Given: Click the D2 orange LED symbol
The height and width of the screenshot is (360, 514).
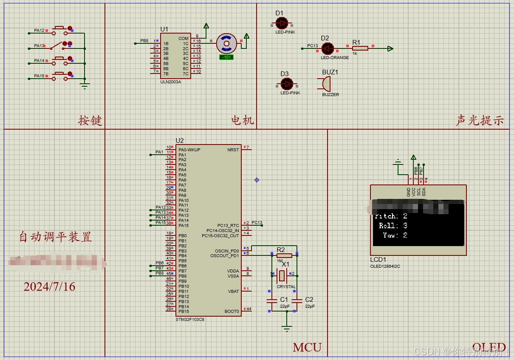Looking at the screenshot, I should click(x=327, y=48).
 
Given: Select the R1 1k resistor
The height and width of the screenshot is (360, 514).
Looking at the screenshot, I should click(x=360, y=48).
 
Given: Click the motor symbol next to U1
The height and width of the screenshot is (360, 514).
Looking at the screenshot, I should click(x=226, y=43).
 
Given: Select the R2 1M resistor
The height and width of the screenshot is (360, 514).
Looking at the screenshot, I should click(x=284, y=255).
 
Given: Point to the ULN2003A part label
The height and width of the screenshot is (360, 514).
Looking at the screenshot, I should click(x=170, y=82).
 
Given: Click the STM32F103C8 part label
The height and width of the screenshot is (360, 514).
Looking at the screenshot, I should click(x=190, y=319).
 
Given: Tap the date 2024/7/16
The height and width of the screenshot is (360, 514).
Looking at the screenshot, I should click(x=49, y=287).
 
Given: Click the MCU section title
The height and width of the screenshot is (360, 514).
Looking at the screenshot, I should click(x=307, y=347).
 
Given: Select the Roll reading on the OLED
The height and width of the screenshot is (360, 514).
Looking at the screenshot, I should click(x=393, y=226).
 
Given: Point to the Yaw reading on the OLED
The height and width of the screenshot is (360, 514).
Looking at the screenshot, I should click(x=395, y=235).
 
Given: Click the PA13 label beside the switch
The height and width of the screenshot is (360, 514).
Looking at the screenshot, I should click(x=39, y=46).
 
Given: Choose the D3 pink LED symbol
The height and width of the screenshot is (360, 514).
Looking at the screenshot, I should click(x=287, y=84).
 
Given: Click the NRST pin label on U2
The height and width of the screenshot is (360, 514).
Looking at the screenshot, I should click(x=233, y=150).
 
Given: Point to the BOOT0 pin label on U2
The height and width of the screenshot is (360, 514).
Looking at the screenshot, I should click(x=232, y=312).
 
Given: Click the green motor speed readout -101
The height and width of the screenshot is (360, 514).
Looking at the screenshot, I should click(x=226, y=57).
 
